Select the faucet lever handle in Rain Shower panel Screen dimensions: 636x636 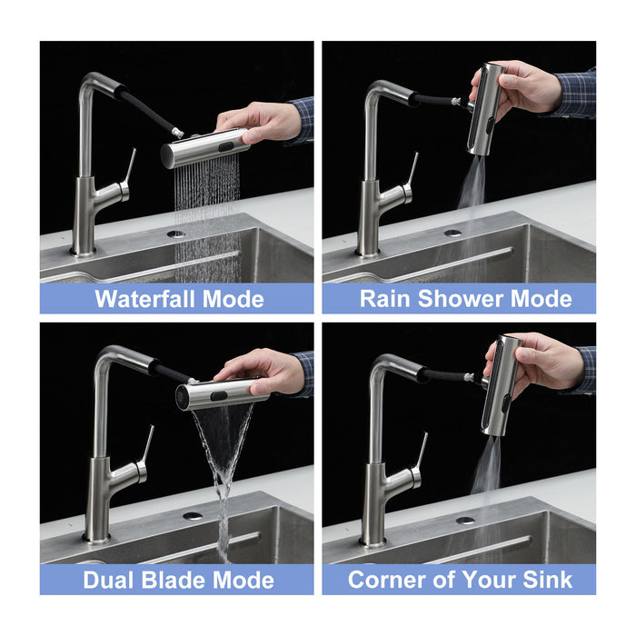pyautogui.click(x=411, y=173)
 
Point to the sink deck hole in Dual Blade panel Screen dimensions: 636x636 pyautogui.click(x=193, y=515)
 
